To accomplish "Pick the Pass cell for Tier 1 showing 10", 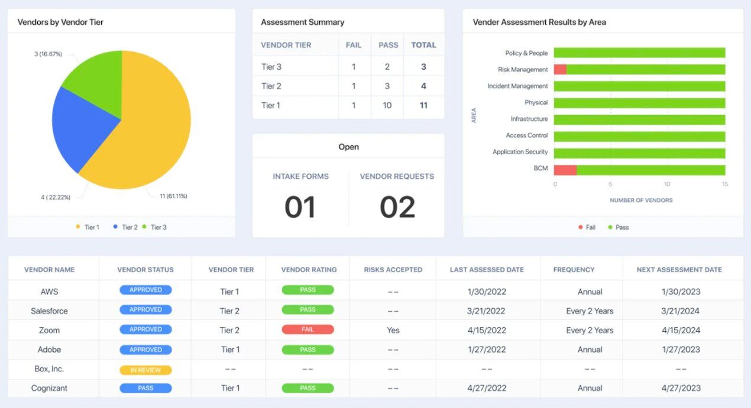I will (x=387, y=106).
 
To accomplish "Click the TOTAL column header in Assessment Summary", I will (x=423, y=45).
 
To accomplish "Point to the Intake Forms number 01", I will (x=300, y=207).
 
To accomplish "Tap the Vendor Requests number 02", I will (x=397, y=207).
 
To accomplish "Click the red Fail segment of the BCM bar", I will (x=565, y=170).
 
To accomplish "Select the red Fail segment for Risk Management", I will (x=560, y=70).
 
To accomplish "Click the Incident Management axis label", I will (x=517, y=86).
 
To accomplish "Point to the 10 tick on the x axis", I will (x=667, y=184).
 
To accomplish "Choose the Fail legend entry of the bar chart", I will (x=587, y=227).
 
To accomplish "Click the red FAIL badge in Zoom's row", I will (x=307, y=329).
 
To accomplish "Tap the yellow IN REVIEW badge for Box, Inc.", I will (x=145, y=370).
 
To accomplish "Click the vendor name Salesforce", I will (x=49, y=311).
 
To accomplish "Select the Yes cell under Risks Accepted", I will (x=393, y=330).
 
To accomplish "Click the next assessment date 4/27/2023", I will (x=681, y=388).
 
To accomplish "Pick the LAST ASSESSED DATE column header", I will (x=487, y=270).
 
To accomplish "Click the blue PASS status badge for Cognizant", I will (x=145, y=388).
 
